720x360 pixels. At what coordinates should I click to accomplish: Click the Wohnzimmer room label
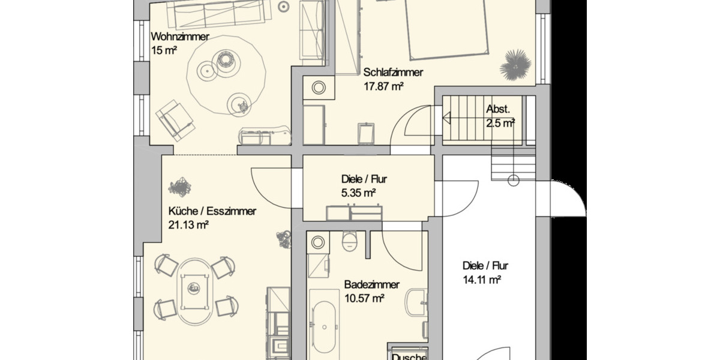[x=180, y=37]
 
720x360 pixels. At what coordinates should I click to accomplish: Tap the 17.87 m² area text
[x=383, y=86]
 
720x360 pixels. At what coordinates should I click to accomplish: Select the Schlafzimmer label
[x=393, y=73]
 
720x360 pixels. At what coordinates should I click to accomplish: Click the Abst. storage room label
[x=498, y=110]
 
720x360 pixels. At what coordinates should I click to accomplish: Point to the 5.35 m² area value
[x=358, y=193]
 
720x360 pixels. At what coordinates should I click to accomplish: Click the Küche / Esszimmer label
[x=212, y=211]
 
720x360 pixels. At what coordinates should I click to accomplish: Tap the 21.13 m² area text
[x=188, y=225]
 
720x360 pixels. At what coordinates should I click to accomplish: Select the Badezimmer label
[x=372, y=285]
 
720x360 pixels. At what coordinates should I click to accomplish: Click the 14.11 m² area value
[x=482, y=279]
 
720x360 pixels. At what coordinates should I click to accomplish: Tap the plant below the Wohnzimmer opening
[x=179, y=188]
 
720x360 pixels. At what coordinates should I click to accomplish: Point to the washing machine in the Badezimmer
[x=317, y=242]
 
